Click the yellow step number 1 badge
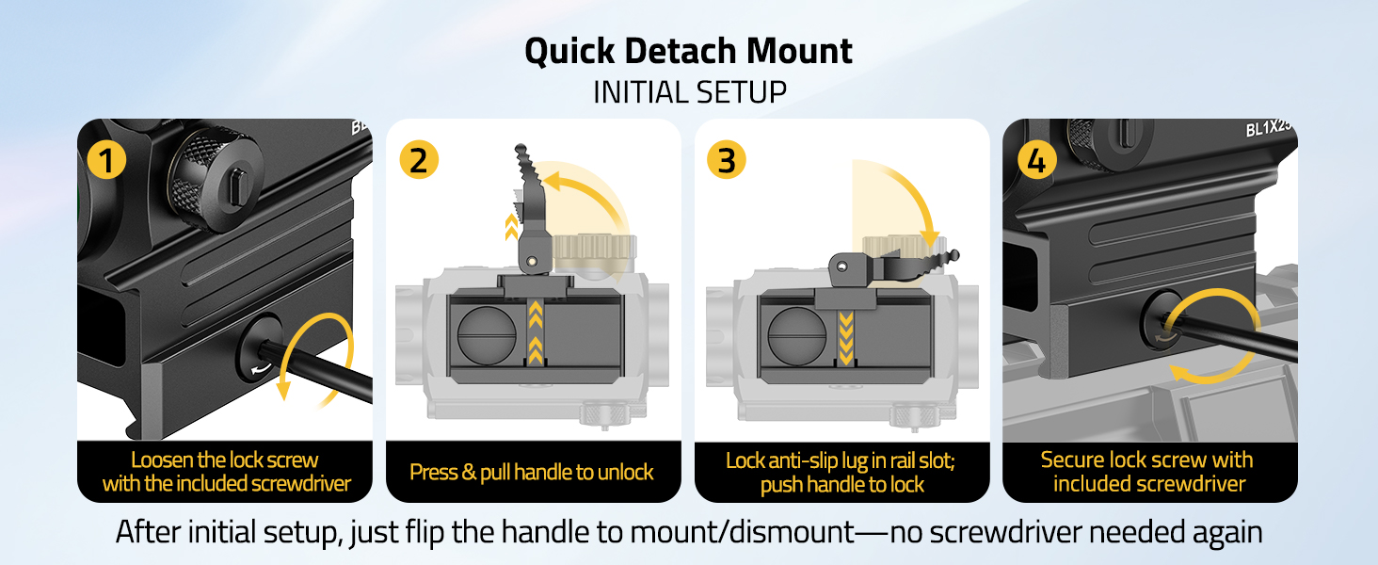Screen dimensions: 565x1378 point(106,160)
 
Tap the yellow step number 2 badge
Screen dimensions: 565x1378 point(419,160)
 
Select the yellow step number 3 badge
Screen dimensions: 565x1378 point(726,160)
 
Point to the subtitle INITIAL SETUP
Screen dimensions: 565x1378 point(689,92)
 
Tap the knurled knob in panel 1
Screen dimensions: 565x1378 point(207,175)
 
